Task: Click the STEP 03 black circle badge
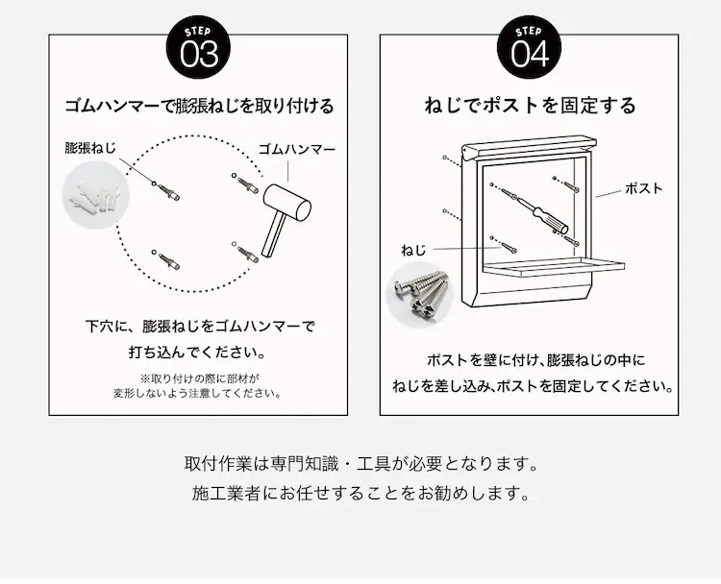198,47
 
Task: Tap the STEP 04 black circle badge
530,47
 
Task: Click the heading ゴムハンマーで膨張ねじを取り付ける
199,107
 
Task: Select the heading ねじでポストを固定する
530,106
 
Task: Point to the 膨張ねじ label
90,148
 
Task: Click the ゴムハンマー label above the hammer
297,149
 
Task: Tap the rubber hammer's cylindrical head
287,204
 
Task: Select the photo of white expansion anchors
95,195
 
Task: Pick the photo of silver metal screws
420,295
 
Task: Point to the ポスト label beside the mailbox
643,188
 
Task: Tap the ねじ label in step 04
413,251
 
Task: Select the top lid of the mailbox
529,147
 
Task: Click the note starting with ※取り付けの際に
198,386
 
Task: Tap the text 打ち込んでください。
198,353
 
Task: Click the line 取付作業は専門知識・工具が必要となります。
360,464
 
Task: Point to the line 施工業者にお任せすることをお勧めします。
360,493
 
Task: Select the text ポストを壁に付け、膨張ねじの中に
535,360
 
